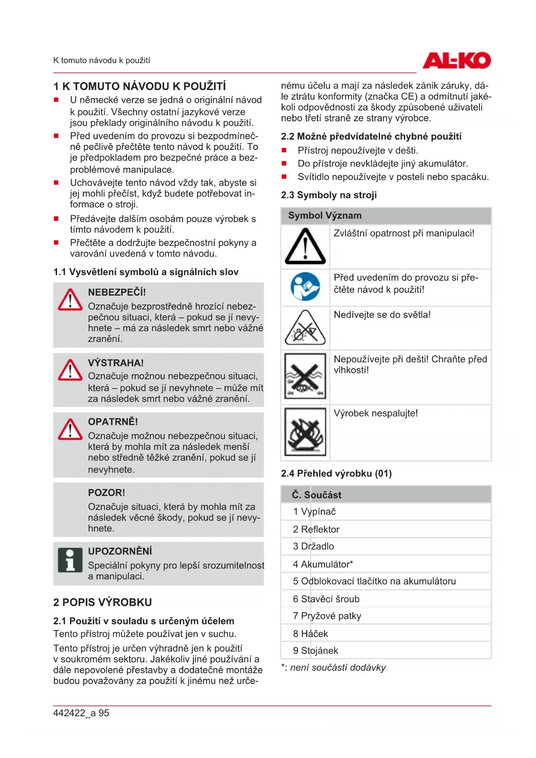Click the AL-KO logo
click(457, 61)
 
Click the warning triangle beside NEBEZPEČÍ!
click(70, 300)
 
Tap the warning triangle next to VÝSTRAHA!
click(70, 370)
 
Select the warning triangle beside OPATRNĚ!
click(70, 429)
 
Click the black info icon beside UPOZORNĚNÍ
click(70, 560)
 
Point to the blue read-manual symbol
click(305, 287)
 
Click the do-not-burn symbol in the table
click(305, 432)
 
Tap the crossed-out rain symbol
click(305, 376)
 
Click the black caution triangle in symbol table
click(305, 247)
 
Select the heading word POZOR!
click(106, 493)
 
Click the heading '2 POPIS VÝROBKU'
click(102, 602)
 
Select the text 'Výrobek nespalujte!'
click(376, 413)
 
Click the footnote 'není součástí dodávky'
click(338, 668)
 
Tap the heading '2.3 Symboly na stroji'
click(329, 195)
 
